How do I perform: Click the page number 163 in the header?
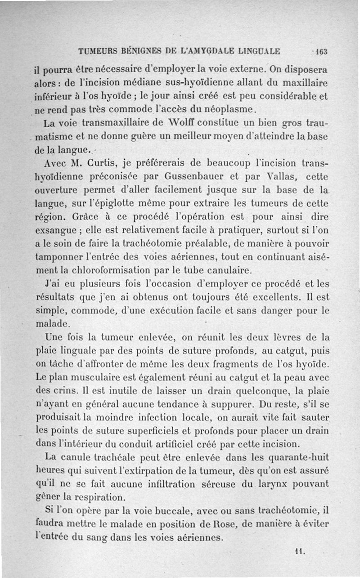(322, 51)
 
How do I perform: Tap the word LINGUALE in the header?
(260, 50)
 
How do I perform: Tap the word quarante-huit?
(297, 458)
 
